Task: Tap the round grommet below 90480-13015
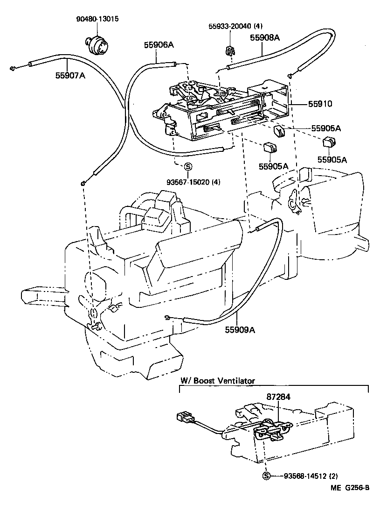(x=96, y=44)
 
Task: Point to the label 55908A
(x=264, y=38)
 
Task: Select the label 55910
(x=319, y=104)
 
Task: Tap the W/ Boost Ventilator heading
(x=217, y=381)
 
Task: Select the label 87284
(x=278, y=397)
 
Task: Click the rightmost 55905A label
(x=332, y=159)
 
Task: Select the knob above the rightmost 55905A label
(x=329, y=141)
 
